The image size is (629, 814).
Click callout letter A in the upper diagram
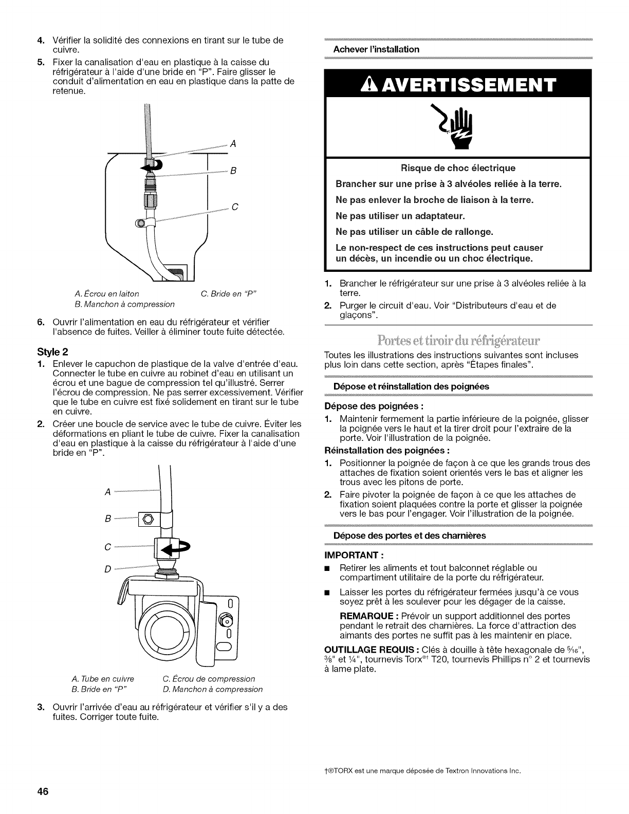tap(233, 144)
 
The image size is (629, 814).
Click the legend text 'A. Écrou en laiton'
tap(107, 294)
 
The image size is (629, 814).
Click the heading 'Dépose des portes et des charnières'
tap(409, 535)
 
